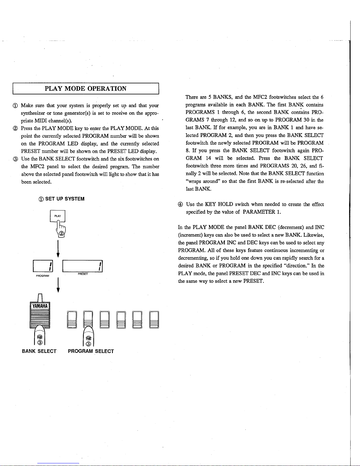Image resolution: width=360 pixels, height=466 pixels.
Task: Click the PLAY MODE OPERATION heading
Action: [x=86, y=88]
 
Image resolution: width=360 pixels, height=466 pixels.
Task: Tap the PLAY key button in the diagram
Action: [x=57, y=216]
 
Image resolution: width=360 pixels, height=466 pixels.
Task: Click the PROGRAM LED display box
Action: [x=43, y=266]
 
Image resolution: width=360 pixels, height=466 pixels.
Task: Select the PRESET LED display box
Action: [x=83, y=266]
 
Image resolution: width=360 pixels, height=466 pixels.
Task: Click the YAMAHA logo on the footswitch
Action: [x=40, y=306]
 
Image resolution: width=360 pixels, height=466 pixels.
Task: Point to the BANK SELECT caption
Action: [x=39, y=351]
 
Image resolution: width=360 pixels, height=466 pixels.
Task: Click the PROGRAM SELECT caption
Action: [x=91, y=351]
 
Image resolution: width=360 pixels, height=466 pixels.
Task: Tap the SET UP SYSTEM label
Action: [x=65, y=199]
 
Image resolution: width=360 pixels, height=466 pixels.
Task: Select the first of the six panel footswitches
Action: [x=72, y=320]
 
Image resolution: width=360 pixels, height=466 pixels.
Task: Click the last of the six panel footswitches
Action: [x=154, y=320]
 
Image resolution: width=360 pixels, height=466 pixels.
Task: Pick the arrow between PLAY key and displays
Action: [x=58, y=249]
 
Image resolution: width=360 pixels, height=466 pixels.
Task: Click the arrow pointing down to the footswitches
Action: [x=58, y=285]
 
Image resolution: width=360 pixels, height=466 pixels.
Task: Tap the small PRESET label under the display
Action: [x=83, y=274]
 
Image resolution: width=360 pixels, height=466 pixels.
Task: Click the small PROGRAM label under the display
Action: [x=42, y=276]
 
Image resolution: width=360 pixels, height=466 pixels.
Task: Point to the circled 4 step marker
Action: [x=180, y=204]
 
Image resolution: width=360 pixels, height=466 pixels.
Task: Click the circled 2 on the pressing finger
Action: [x=61, y=233]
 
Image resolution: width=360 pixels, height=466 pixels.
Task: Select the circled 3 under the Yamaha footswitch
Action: [x=40, y=343]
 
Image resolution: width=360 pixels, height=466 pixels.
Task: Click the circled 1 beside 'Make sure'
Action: [x=15, y=106]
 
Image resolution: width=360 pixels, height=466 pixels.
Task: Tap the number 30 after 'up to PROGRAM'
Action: [x=307, y=120]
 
